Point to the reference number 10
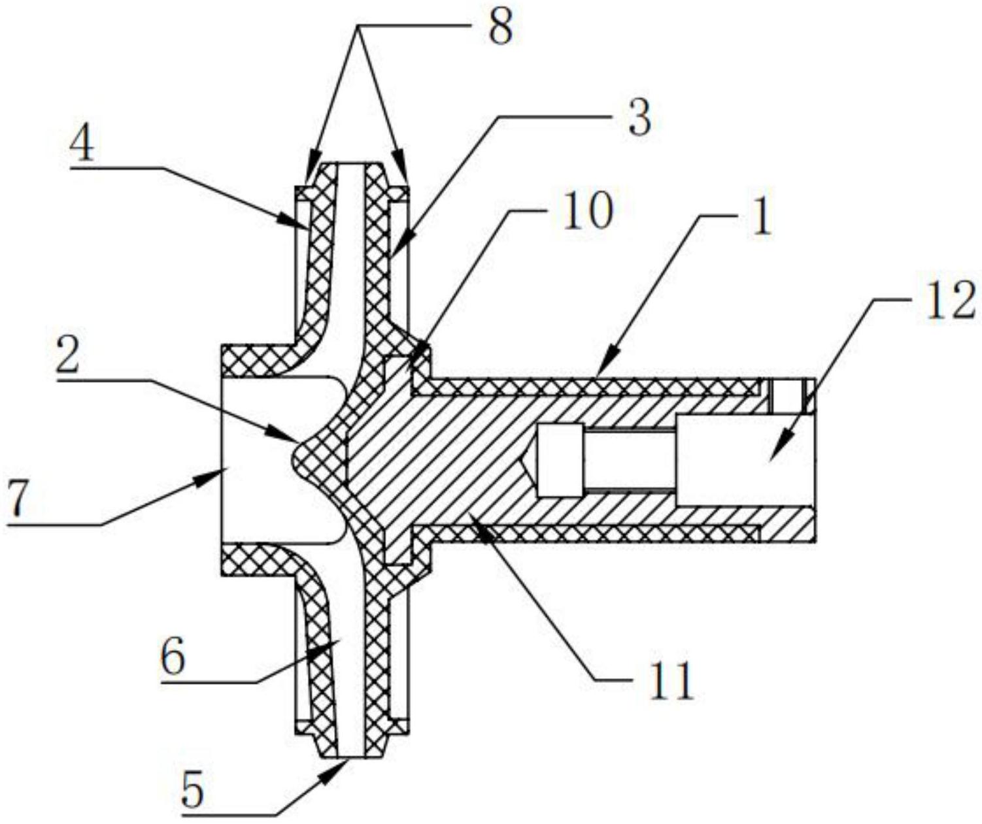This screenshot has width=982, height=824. pyautogui.click(x=589, y=211)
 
